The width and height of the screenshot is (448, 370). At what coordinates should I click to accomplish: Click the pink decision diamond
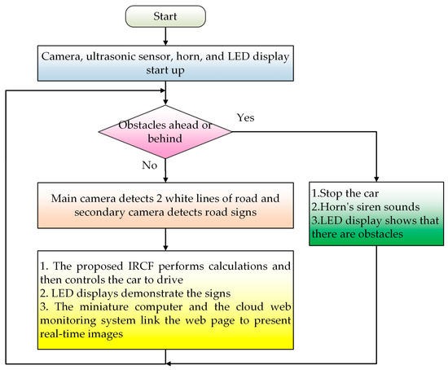165,133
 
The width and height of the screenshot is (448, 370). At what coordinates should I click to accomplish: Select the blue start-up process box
165,63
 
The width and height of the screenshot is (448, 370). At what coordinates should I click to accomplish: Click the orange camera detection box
165,205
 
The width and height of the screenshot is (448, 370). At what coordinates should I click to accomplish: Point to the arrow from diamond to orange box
165,170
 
